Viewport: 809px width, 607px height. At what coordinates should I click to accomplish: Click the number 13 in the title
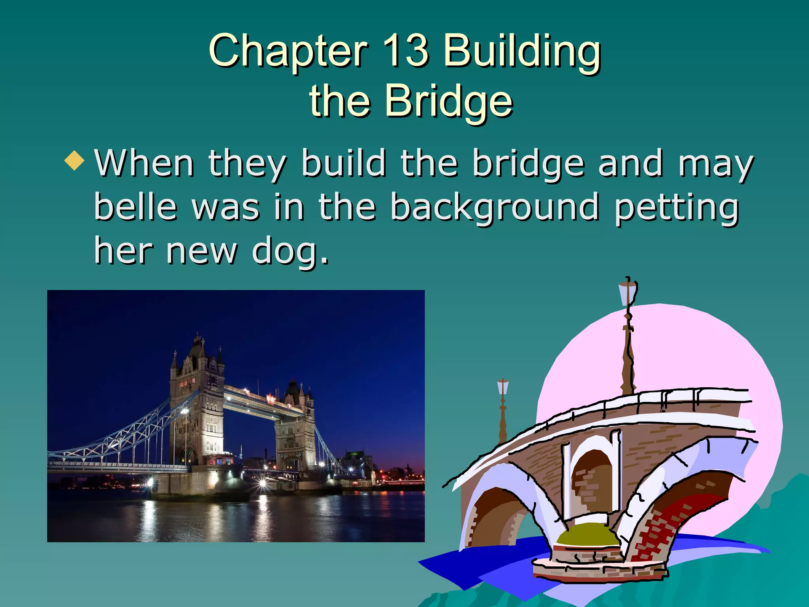(x=405, y=51)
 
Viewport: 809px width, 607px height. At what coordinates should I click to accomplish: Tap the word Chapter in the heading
(x=288, y=51)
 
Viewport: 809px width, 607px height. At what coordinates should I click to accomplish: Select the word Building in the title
(x=521, y=51)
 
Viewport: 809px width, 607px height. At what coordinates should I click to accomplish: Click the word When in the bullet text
(x=144, y=163)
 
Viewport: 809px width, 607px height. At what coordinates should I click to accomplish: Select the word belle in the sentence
(x=135, y=207)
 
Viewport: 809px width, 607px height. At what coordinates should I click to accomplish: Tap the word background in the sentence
(x=494, y=207)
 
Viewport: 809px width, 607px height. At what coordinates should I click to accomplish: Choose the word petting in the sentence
(x=676, y=207)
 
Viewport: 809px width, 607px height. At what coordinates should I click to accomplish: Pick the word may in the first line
(x=715, y=163)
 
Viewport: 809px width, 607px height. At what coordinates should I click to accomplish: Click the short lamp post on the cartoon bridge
(x=502, y=411)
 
